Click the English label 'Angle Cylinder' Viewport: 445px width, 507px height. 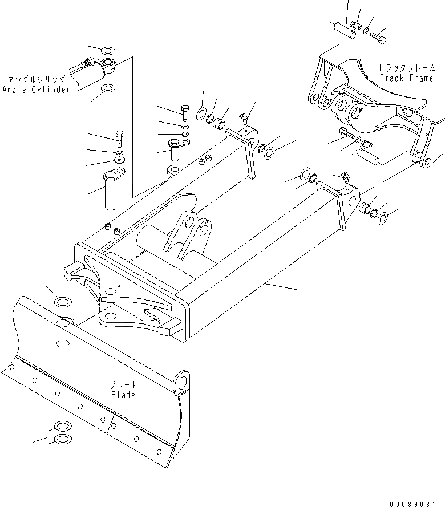click(x=36, y=90)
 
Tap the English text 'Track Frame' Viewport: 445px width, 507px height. click(x=406, y=78)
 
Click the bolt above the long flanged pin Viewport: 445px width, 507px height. click(x=119, y=137)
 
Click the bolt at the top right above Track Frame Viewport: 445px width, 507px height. click(x=379, y=38)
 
